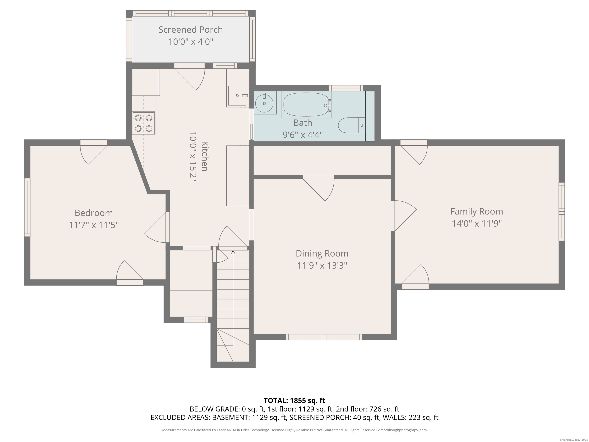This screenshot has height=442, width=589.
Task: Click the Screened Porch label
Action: pos(191,30)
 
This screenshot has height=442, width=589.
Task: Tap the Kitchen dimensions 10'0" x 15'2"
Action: pos(193,157)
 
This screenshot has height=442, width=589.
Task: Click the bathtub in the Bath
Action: pos(306,105)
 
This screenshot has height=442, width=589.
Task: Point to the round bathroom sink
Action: pos(264,103)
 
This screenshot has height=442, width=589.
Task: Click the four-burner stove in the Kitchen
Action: pos(144,123)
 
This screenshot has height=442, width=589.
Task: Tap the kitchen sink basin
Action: pos(237,96)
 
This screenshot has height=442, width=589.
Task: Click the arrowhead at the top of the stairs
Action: pos(233,252)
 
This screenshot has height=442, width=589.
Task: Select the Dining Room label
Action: pos(322,253)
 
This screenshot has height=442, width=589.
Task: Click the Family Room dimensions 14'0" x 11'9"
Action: pos(477,223)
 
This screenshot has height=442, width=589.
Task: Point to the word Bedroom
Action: pos(94,213)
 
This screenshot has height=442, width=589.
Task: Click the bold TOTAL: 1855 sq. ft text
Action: pos(294,400)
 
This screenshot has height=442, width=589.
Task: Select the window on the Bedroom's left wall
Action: pos(27,207)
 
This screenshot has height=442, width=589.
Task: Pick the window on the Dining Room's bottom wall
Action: pos(324,337)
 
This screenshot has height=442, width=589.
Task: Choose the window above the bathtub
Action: pos(346,88)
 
